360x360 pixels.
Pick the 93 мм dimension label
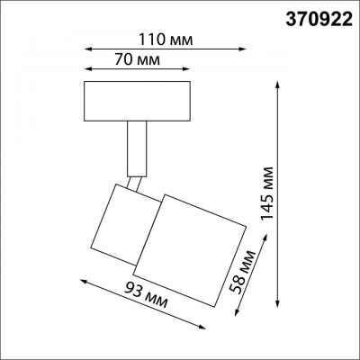pyautogui.click(x=144, y=295)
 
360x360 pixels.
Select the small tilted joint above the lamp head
pyautogui.click(x=134, y=185)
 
